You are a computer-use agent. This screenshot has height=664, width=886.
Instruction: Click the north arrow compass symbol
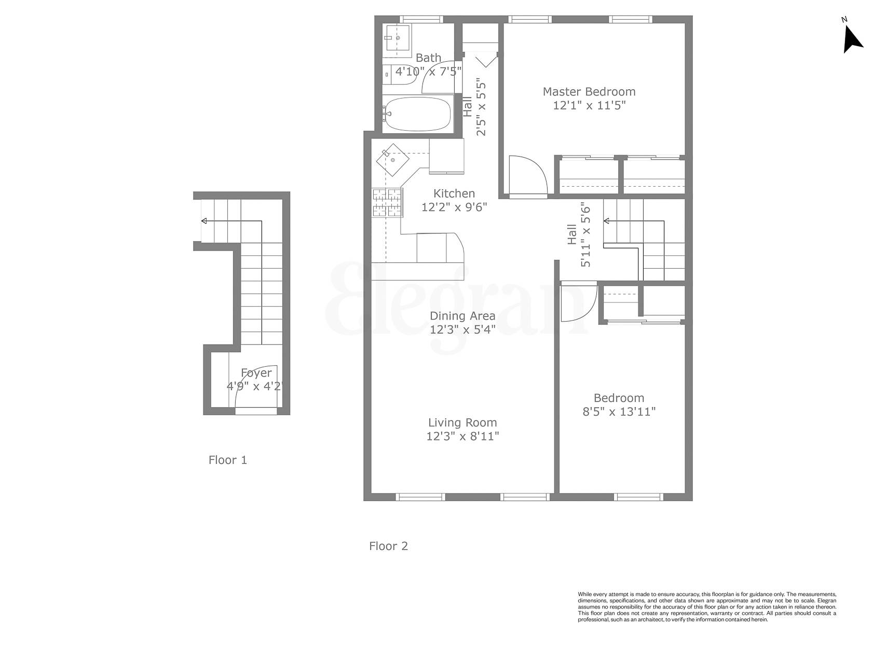[851, 39]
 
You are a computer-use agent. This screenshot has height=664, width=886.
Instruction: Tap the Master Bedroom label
[589, 92]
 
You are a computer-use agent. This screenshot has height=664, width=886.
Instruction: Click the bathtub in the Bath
[417, 115]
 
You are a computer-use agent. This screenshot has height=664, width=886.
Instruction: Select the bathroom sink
[397, 38]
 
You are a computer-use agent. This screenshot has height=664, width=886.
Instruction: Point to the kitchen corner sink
[393, 160]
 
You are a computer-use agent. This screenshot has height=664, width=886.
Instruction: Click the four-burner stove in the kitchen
[387, 202]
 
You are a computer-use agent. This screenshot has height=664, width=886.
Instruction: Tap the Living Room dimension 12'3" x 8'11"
[462, 436]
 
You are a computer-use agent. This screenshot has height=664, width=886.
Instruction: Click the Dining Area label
[462, 316]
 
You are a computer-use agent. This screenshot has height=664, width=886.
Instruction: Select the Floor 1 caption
[227, 460]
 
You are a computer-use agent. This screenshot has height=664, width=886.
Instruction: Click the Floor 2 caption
[388, 546]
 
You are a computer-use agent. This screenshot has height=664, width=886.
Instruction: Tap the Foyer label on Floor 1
[256, 373]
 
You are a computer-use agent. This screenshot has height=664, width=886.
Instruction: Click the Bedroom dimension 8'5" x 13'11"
[619, 412]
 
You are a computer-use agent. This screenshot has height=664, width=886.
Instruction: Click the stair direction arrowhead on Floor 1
[204, 222]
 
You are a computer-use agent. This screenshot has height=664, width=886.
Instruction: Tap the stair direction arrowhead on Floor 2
[606, 222]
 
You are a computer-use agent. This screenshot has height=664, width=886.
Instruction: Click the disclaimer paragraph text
[707, 606]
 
